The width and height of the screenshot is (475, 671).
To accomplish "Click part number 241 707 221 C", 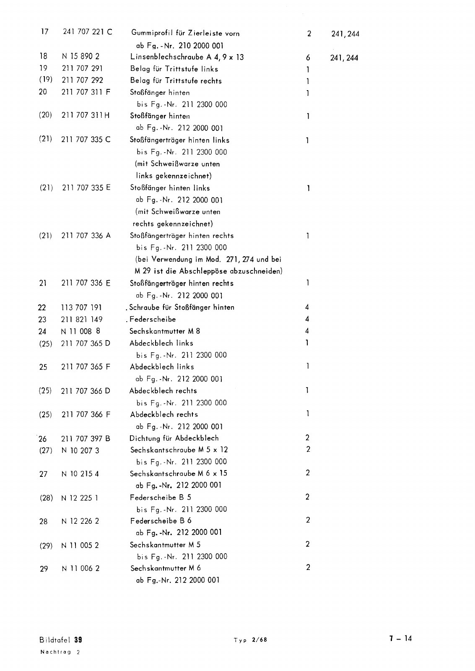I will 87,32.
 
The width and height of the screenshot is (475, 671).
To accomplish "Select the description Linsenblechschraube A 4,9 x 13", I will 187,57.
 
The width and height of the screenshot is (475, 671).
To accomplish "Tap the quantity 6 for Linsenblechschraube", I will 308,58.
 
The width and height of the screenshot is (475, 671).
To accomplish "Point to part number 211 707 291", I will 82,68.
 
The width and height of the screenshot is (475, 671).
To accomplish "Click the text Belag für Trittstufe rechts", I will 176,81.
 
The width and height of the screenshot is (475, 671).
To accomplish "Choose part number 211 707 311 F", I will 86,92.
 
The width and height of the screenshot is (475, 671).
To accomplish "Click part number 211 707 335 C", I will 86,140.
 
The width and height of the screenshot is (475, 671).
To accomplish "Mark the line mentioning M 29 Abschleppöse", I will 205,271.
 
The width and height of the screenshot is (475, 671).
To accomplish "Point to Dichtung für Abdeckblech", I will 174,438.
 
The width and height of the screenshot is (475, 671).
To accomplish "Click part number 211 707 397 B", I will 86,439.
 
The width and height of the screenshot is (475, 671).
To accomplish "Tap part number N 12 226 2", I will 80,521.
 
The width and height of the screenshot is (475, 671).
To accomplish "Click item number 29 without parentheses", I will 44,569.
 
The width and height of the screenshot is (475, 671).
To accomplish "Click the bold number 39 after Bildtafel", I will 78,640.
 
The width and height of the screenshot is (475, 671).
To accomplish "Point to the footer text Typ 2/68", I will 250,640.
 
